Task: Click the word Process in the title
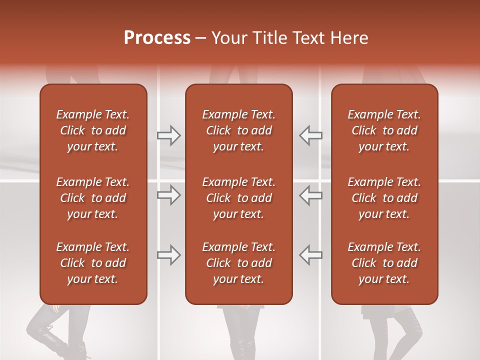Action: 157,37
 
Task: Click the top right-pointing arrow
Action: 169,135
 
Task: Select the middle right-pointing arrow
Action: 169,195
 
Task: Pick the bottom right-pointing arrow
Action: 169,255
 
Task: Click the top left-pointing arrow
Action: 310,135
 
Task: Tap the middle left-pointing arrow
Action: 310,195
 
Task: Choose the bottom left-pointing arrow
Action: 310,255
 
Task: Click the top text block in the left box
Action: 93,130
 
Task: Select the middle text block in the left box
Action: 93,198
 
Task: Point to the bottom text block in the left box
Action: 93,263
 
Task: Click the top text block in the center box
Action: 239,130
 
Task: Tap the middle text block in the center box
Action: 239,198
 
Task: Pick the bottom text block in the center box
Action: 239,263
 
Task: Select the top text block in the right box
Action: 384,130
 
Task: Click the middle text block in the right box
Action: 384,198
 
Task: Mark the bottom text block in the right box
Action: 384,263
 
